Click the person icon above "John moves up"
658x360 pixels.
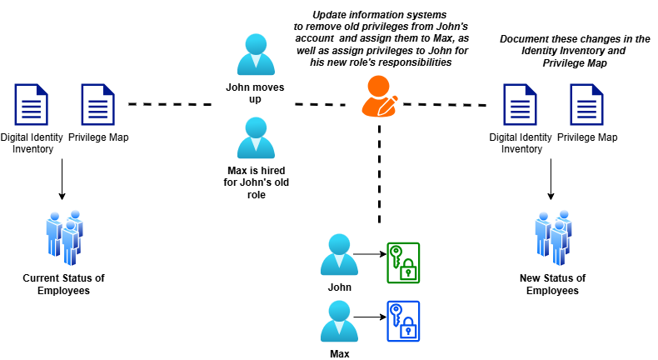256,55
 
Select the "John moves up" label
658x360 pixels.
256,92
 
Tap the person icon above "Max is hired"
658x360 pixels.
256,138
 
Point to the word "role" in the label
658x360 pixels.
256,194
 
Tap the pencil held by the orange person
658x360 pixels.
389,105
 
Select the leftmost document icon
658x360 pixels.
31,104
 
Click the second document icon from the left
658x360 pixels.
97,104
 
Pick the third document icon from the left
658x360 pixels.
520,104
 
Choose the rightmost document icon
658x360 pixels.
586,104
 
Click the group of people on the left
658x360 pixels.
64,237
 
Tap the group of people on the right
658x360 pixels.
553,237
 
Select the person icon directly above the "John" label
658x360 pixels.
339,255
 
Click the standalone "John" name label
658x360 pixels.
339,287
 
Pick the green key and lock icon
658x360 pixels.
403,262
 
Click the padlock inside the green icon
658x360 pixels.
408,270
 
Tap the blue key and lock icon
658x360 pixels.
403,321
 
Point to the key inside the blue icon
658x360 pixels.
396,313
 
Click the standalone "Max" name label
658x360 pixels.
339,353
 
